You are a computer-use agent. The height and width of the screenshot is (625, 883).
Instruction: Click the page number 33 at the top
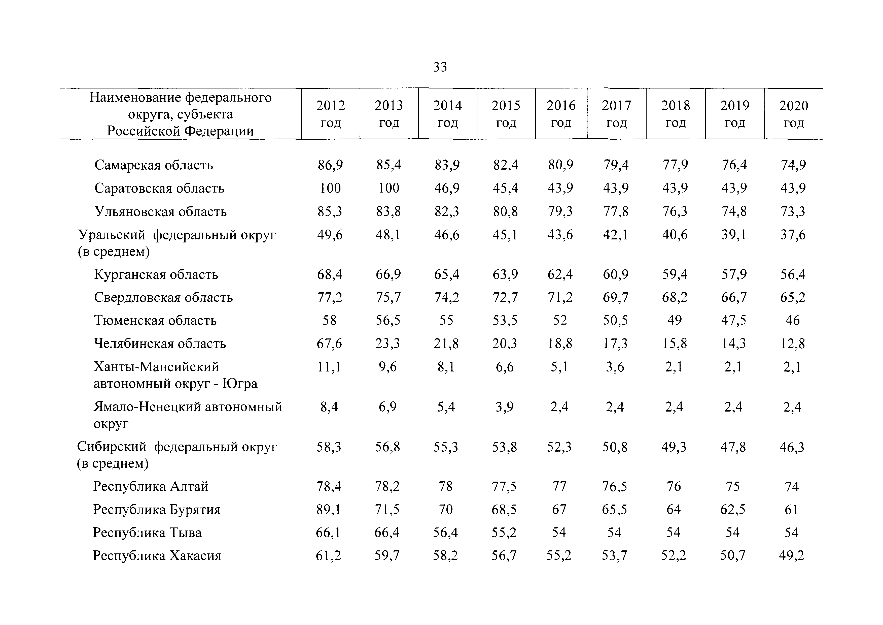(440, 67)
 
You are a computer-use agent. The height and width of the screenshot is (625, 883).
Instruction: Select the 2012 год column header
(330, 114)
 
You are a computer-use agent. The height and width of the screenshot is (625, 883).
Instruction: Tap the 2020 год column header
(793, 114)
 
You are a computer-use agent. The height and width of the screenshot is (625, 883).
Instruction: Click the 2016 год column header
(561, 114)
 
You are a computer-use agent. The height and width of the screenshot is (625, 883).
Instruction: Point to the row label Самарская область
(153, 165)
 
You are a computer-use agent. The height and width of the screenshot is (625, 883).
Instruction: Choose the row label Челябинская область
(160, 343)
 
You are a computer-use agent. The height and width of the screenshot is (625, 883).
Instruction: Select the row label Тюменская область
(155, 320)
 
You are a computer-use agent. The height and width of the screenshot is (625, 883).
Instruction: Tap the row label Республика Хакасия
(157, 556)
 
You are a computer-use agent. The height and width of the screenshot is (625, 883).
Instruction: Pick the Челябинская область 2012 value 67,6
(330, 343)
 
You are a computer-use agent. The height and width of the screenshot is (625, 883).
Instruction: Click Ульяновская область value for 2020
(793, 211)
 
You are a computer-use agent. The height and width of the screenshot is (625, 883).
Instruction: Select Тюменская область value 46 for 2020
(793, 320)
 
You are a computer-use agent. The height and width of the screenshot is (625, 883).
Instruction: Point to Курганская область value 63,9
(505, 274)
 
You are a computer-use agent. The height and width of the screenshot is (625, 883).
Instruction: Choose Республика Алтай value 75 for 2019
(733, 486)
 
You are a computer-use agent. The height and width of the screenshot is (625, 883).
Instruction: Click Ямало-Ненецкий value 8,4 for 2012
(329, 407)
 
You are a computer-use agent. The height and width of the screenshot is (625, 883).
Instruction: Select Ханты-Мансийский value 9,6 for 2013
(388, 367)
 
